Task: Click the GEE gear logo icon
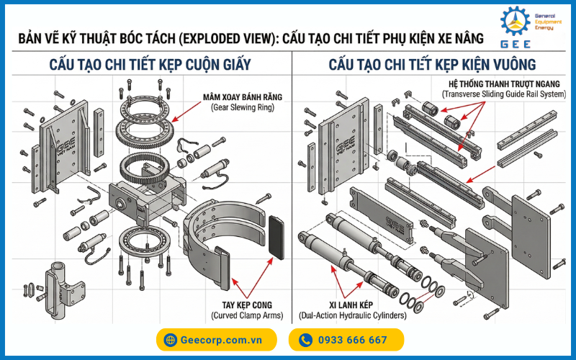pyautogui.click(x=516, y=22)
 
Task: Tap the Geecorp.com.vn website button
pyautogui.click(x=217, y=340)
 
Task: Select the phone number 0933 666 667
pyautogui.click(x=353, y=340)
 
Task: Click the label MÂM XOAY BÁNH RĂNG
pyautogui.click(x=243, y=97)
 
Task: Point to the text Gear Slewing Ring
pyautogui.click(x=243, y=107)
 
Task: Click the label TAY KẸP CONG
pyautogui.click(x=247, y=305)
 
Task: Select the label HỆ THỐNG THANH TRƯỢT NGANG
pyautogui.click(x=504, y=84)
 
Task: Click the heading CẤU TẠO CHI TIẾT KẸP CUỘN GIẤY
pyautogui.click(x=150, y=65)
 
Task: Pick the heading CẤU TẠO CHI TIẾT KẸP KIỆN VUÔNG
pyautogui.click(x=432, y=65)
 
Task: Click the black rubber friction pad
pyautogui.click(x=276, y=238)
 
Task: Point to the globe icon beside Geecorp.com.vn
pyautogui.click(x=170, y=340)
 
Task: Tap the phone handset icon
pyautogui.click(x=305, y=340)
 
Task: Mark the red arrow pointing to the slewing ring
pyautogui.click(x=186, y=112)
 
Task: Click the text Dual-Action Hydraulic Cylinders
pyautogui.click(x=353, y=315)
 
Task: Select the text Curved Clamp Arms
pyautogui.click(x=247, y=315)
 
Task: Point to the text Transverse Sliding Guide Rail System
pyautogui.click(x=504, y=94)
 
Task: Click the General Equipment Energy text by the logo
pyautogui.click(x=548, y=22)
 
